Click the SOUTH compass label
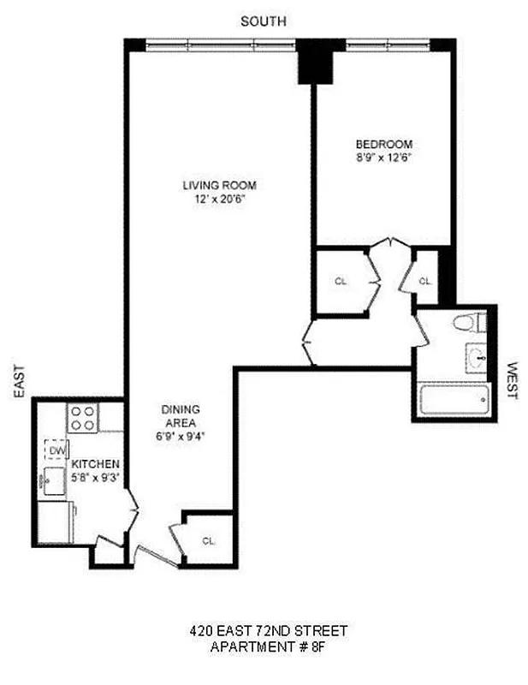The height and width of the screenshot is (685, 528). tap(264, 21)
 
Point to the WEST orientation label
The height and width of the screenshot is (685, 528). tap(512, 380)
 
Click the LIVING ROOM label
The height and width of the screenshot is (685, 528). tap(219, 185)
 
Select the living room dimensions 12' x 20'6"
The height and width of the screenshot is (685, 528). tap(219, 200)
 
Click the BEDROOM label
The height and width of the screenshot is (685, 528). tap(384, 144)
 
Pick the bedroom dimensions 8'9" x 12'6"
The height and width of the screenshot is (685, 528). tap(384, 158)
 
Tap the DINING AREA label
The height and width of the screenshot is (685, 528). tap(180, 415)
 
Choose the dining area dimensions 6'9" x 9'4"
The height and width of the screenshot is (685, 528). tap(180, 435)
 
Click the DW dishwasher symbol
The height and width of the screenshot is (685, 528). tap(57, 450)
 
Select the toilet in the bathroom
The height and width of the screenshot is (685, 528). tap(466, 323)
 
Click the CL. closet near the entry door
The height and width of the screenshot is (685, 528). tap(209, 540)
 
